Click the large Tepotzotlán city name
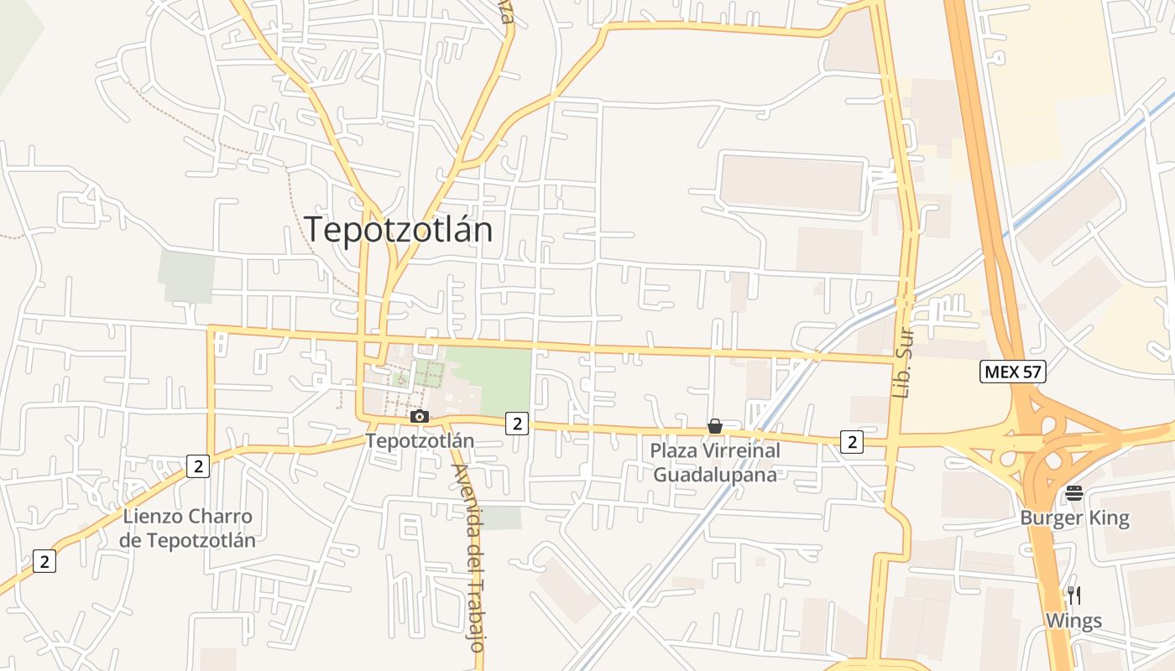(398, 229)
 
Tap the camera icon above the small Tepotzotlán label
(420, 417)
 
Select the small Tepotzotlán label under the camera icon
(420, 440)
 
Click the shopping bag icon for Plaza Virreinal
(715, 427)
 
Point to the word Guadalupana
(715, 474)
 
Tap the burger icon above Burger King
(1074, 493)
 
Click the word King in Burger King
(1110, 518)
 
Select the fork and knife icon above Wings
(1074, 596)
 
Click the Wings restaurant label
(1073, 622)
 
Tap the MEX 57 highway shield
(1013, 372)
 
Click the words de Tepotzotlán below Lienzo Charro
(187, 539)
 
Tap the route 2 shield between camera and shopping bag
(517, 424)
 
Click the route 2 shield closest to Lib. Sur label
(852, 441)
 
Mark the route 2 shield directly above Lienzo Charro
(197, 466)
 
